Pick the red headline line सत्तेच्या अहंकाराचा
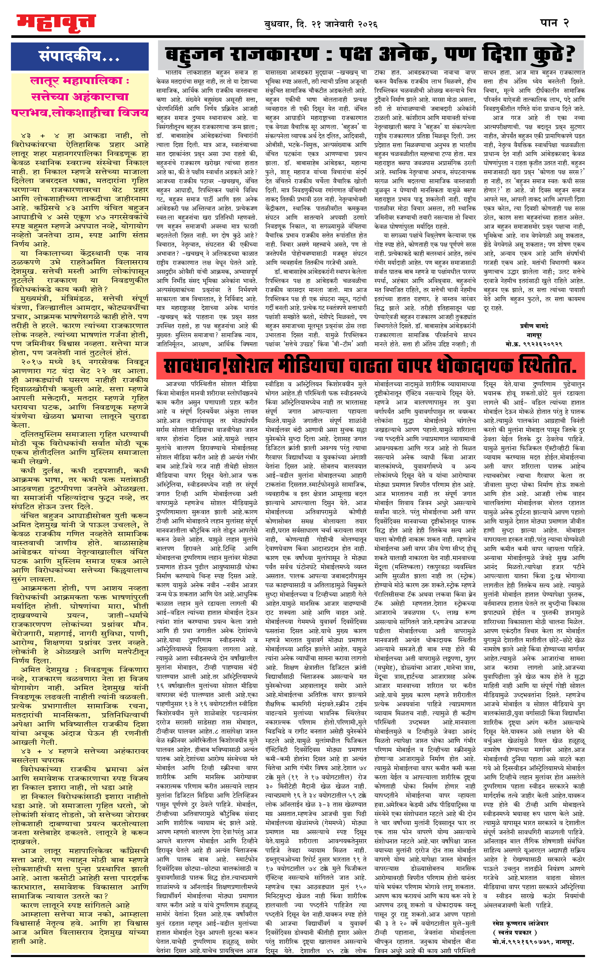pyautogui.click(x=80, y=97)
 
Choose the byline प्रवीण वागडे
pyautogui.click(x=534, y=326)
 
